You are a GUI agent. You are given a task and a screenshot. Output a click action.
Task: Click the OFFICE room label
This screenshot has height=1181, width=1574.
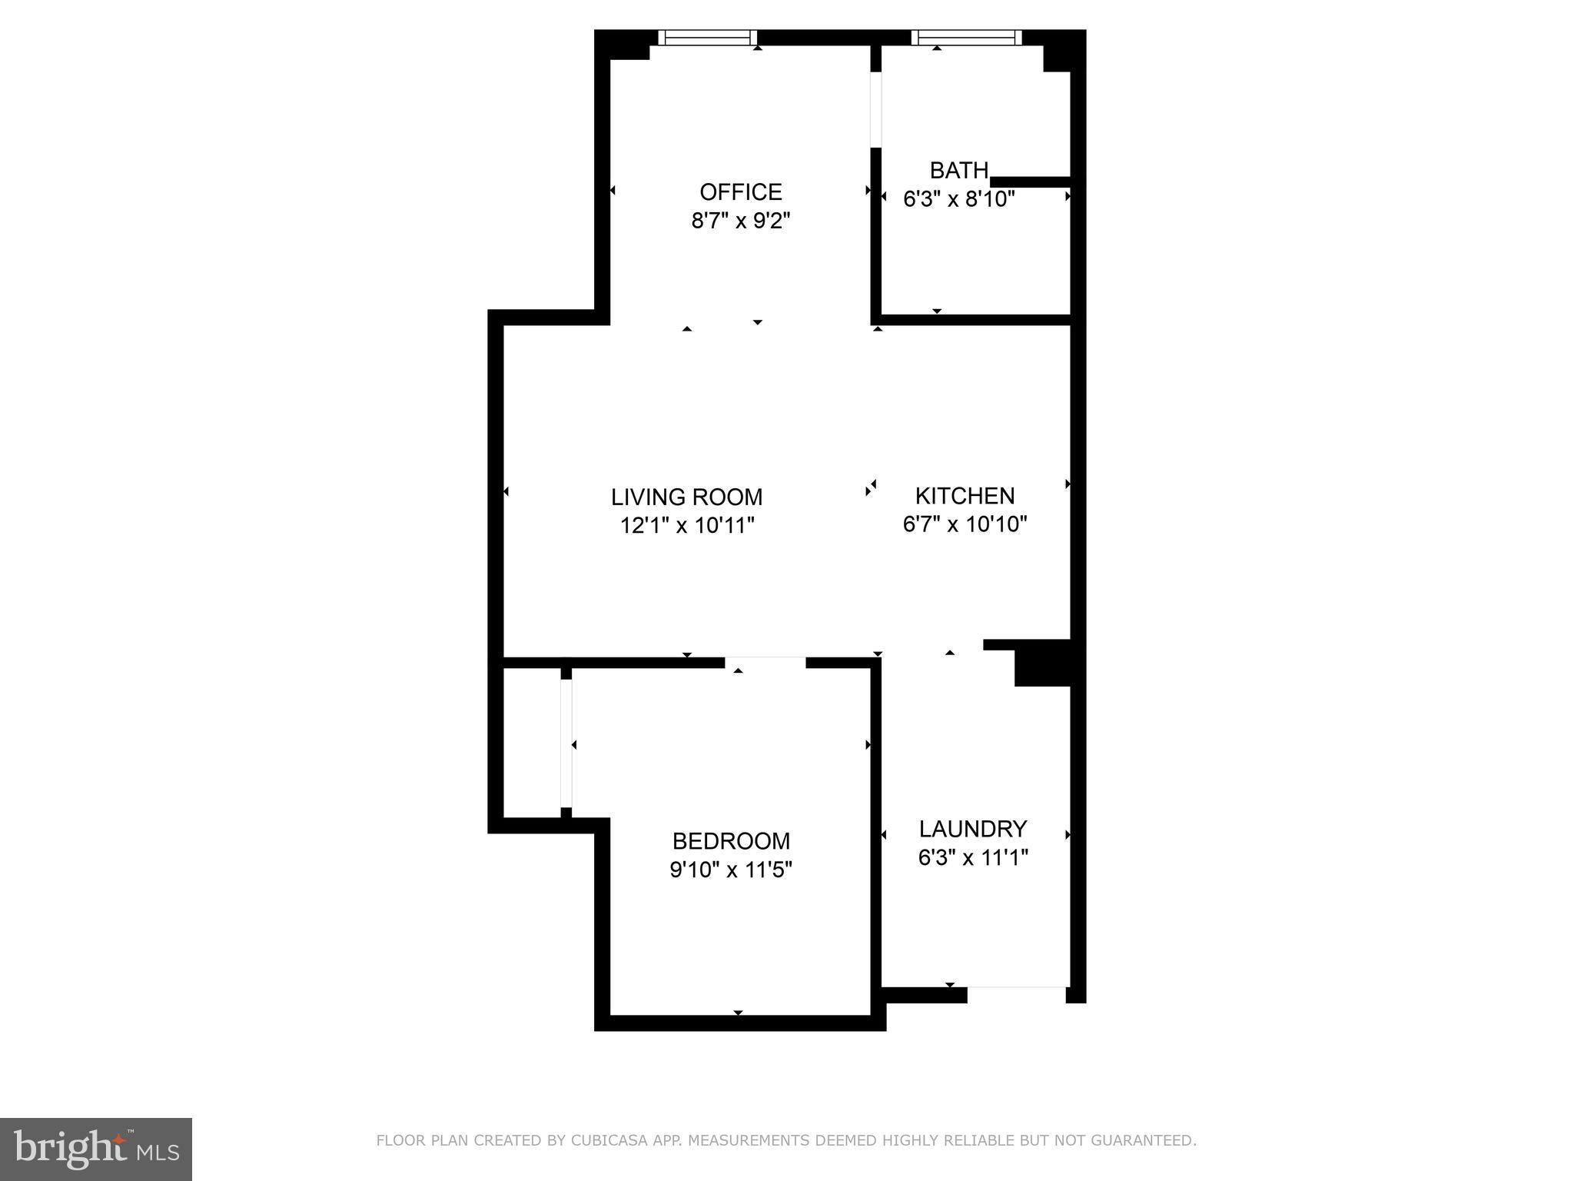click(x=740, y=191)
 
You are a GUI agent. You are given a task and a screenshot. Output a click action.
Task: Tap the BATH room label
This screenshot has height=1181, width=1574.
click(x=958, y=170)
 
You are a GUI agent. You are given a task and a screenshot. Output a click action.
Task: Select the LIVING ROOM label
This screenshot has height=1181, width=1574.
click(x=686, y=497)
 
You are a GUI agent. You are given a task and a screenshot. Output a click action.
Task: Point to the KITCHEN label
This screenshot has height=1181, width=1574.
click(x=965, y=495)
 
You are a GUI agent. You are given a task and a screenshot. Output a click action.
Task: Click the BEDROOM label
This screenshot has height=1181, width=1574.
click(x=731, y=840)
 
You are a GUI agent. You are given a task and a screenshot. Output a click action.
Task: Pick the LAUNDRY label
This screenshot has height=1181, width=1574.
click(x=973, y=829)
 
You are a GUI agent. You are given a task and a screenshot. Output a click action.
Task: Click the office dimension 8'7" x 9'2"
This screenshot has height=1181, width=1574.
click(x=740, y=221)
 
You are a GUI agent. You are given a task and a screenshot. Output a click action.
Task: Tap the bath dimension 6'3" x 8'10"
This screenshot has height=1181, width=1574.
click(x=958, y=199)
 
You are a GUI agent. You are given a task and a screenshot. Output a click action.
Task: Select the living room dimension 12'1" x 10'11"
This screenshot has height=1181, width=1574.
click(x=686, y=526)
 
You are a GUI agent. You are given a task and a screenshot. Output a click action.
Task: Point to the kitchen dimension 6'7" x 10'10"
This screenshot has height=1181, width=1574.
click(x=965, y=524)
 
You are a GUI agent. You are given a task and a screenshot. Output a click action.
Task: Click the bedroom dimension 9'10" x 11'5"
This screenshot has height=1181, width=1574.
click(x=731, y=870)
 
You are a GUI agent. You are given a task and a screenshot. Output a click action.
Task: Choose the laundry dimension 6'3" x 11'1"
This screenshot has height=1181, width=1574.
click(x=973, y=857)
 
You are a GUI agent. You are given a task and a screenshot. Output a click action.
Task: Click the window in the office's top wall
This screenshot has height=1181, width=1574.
click(x=708, y=38)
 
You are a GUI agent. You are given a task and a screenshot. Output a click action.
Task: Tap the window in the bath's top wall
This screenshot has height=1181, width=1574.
click(x=966, y=38)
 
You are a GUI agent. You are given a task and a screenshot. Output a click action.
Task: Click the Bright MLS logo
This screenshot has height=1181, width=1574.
click(x=96, y=1149)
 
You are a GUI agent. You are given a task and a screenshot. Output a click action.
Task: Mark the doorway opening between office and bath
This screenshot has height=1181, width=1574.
click(x=875, y=109)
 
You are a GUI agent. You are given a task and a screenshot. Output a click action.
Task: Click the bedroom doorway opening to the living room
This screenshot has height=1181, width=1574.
click(x=765, y=662)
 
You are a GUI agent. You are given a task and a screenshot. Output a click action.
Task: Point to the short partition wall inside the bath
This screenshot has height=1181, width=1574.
click(x=1030, y=182)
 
